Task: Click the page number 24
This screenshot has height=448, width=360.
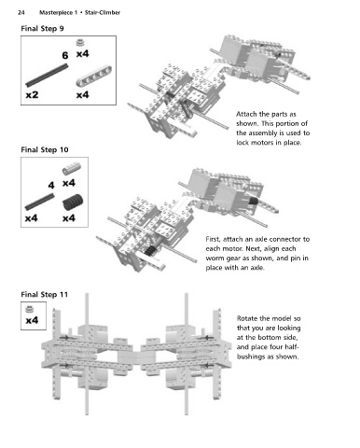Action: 21,12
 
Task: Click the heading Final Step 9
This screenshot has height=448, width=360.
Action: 42,29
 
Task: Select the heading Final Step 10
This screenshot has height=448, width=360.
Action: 45,149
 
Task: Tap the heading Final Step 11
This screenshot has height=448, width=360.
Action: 44,294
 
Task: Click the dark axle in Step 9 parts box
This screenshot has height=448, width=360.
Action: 47,75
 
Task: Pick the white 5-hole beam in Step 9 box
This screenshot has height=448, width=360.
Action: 94,77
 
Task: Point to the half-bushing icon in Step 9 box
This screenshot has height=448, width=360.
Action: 81,42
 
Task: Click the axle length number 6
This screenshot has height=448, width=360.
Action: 64,55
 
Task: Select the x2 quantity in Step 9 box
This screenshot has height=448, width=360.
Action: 32,94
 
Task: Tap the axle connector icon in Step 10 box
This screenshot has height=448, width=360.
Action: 72,168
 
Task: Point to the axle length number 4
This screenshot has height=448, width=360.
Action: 51,186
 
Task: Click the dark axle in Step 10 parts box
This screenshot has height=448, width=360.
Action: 40,202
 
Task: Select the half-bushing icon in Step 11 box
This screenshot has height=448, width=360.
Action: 29,309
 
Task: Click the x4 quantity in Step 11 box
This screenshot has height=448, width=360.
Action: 32,320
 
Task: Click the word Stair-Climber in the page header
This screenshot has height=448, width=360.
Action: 103,12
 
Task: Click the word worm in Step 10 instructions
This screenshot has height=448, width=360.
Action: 215,259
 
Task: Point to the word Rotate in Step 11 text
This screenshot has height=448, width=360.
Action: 247,318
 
